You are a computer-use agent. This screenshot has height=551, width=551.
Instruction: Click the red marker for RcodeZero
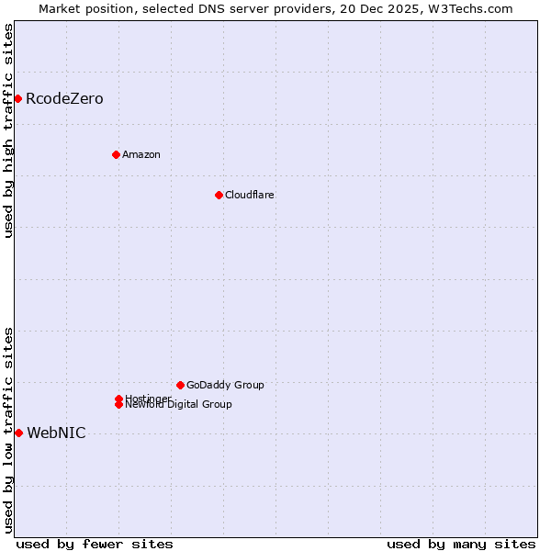point(17,98)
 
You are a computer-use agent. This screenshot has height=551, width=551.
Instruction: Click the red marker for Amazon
point(116,154)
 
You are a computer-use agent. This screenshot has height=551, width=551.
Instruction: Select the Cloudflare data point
point(219,195)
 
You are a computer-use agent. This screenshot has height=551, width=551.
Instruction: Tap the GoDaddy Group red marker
point(180,385)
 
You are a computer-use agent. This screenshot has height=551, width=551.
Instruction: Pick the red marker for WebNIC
point(18,433)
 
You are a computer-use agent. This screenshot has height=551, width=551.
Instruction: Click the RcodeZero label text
point(64,98)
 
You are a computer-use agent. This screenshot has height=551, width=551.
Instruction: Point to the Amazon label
point(141,154)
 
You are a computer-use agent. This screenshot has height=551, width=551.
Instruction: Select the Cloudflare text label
point(250,195)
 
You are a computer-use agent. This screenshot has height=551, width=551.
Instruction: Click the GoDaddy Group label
point(225,385)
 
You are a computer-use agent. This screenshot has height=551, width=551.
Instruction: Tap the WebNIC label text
point(56,433)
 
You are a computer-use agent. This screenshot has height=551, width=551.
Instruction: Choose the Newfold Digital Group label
point(179,405)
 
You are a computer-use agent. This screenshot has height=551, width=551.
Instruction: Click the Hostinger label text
point(148,398)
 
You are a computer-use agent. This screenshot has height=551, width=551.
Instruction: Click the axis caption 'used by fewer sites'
point(95,545)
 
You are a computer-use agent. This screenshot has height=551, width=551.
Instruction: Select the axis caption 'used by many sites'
point(461,545)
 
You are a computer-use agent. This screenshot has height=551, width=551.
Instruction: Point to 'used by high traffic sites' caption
point(9,130)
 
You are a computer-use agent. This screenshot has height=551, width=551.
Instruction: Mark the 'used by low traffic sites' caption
point(9,430)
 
